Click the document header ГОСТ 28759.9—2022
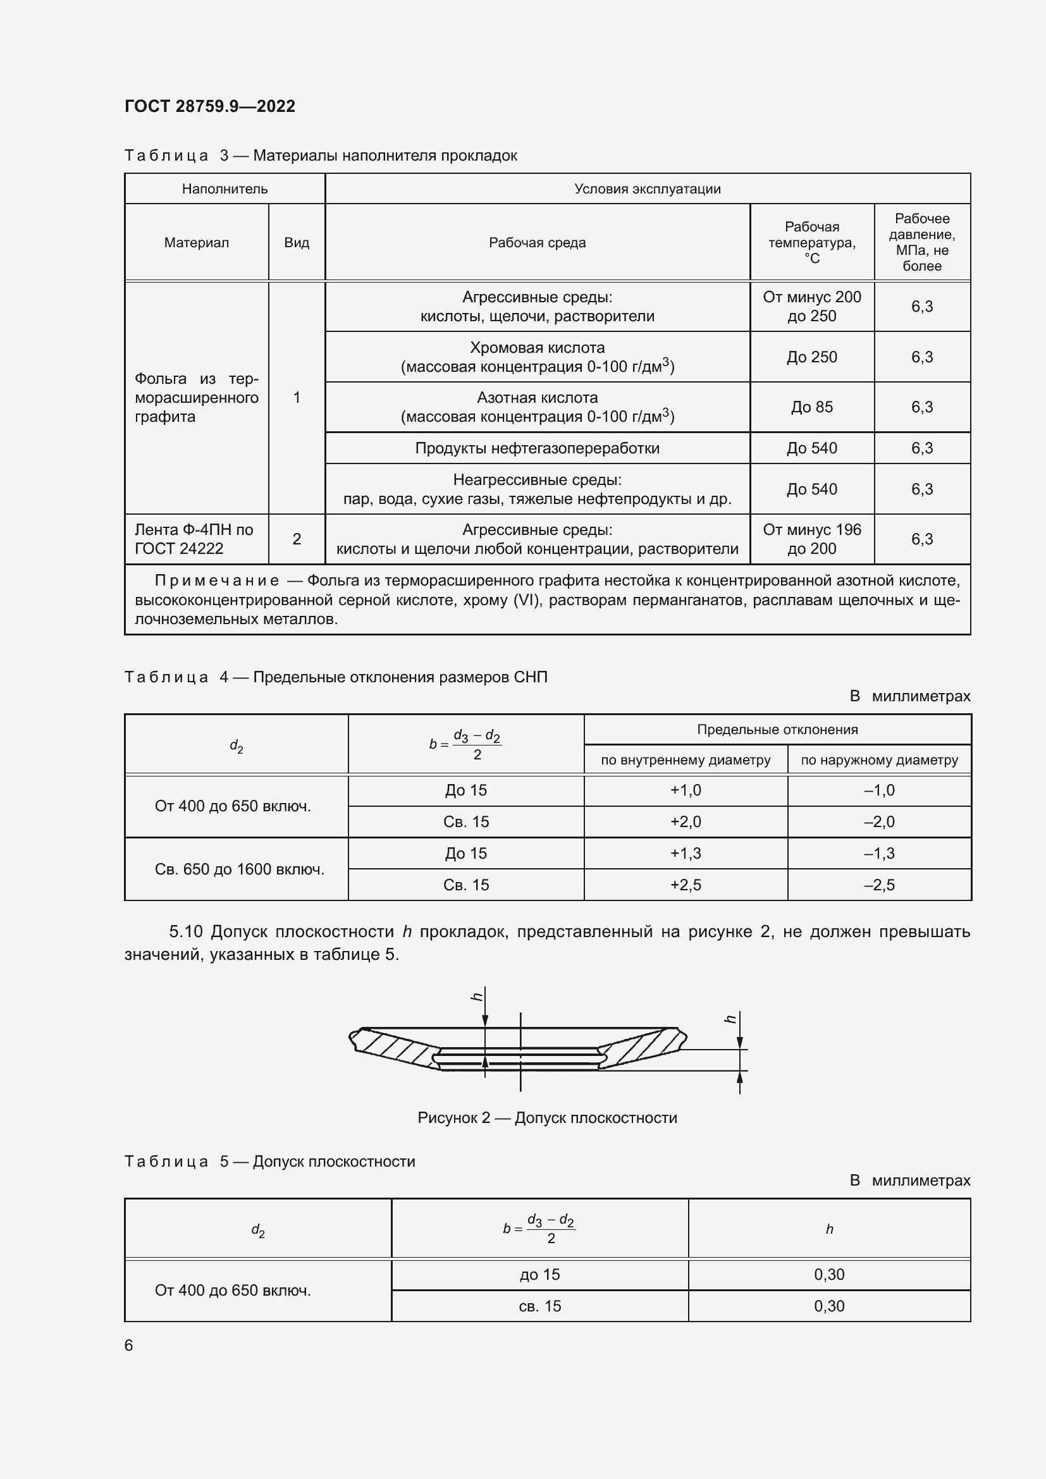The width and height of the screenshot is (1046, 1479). (209, 106)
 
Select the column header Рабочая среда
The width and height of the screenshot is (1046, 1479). (536, 243)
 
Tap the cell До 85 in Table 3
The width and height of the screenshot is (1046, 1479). (811, 407)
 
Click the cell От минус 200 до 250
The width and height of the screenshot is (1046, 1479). (811, 307)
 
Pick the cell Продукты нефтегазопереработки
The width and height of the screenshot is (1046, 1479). (536, 448)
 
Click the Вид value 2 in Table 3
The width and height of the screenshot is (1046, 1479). (296, 539)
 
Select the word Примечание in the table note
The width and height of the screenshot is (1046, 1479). (216, 581)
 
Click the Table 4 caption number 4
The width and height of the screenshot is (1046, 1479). (223, 677)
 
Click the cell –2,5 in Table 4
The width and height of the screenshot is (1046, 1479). (878, 885)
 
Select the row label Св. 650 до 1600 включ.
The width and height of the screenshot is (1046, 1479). (239, 869)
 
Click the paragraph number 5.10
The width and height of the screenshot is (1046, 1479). (185, 931)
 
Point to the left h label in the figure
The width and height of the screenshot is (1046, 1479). (477, 997)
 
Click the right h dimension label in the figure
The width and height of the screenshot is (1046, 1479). (730, 1019)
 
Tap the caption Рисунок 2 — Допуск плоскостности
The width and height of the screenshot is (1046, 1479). (547, 1117)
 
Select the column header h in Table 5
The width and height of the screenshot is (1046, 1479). (829, 1229)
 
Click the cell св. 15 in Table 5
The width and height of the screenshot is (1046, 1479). (539, 1306)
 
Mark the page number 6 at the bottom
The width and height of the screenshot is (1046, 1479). (129, 1345)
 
